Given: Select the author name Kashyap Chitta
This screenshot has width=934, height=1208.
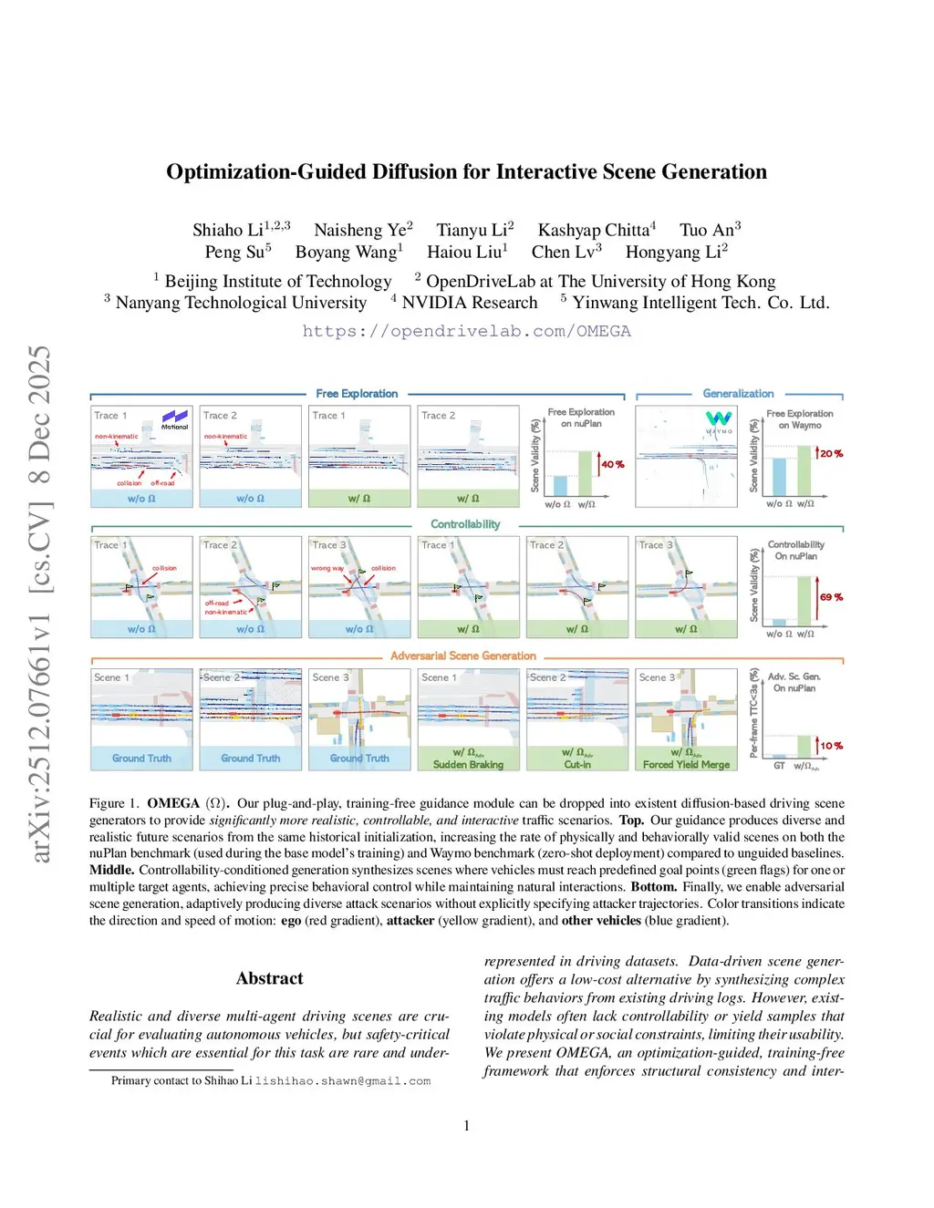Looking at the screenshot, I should [x=594, y=231].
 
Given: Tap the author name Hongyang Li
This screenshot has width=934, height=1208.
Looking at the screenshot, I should [x=673, y=253].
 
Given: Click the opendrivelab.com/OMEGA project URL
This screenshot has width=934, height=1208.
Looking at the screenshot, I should [x=466, y=331].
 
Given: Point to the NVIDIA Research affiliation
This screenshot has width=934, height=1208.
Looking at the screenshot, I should [x=469, y=303].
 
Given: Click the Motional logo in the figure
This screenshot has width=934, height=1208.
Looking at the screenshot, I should [x=174, y=419].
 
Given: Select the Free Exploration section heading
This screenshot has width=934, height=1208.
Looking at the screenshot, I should [x=357, y=394].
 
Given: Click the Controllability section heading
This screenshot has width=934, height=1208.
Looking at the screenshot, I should [x=465, y=524].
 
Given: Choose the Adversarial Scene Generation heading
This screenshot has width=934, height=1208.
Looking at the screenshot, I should [x=463, y=656].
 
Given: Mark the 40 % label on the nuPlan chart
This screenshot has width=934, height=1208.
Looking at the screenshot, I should [x=613, y=464].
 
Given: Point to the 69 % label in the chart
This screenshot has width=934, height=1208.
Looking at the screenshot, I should [x=831, y=597].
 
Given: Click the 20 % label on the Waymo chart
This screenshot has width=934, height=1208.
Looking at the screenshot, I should [x=831, y=453].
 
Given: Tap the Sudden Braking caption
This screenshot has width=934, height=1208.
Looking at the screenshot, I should [x=468, y=765].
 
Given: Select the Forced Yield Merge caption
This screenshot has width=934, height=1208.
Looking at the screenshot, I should [x=686, y=765].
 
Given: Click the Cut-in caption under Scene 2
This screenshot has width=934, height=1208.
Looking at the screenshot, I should [x=577, y=765].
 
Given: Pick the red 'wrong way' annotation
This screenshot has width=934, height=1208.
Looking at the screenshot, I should [x=327, y=568].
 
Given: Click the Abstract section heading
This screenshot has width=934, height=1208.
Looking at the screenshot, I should [x=269, y=978].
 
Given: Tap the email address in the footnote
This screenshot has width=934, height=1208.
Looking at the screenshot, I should [x=343, y=1081].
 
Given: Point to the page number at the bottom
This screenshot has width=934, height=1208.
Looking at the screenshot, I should [x=467, y=1126].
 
